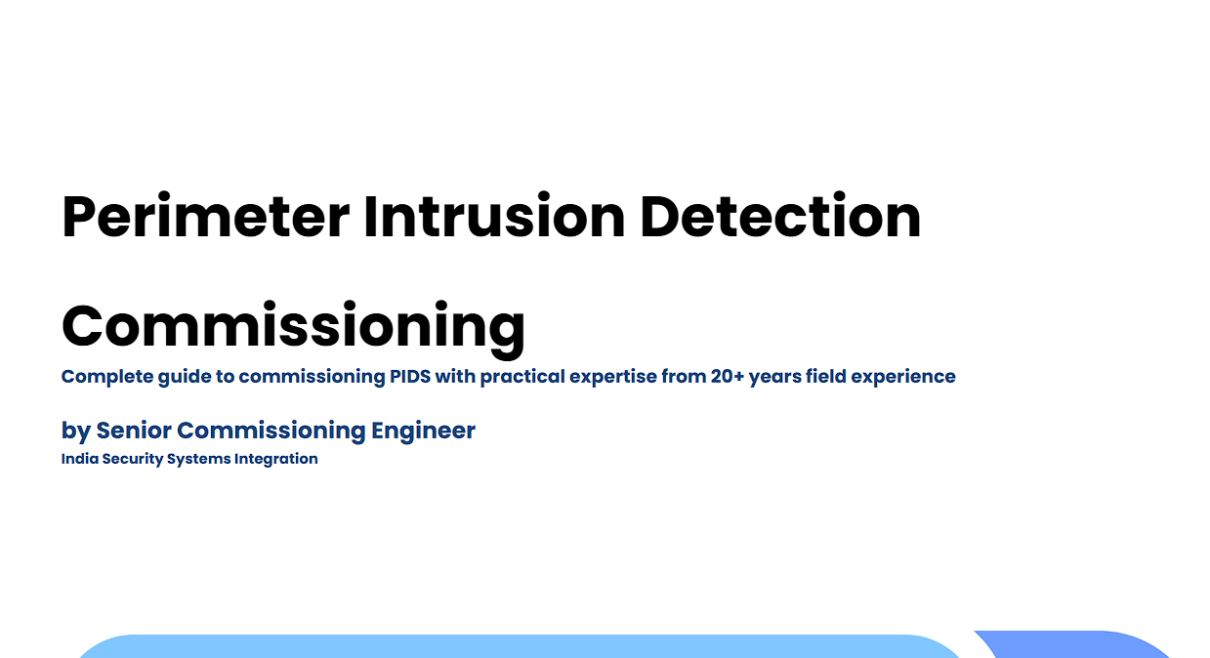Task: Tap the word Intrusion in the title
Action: coord(494,216)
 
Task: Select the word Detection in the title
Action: coord(780,216)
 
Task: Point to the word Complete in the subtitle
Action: coord(107,377)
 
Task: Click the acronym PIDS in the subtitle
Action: coord(410,376)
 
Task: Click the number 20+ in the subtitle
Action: coord(728,376)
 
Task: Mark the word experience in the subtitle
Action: coord(903,377)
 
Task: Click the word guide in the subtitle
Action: coord(185,377)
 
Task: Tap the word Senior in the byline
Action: coord(134,431)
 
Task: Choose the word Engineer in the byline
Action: coord(423,432)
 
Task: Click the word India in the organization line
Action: coord(79,458)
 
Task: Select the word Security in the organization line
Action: coord(133,460)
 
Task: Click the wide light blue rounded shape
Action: coord(519,647)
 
